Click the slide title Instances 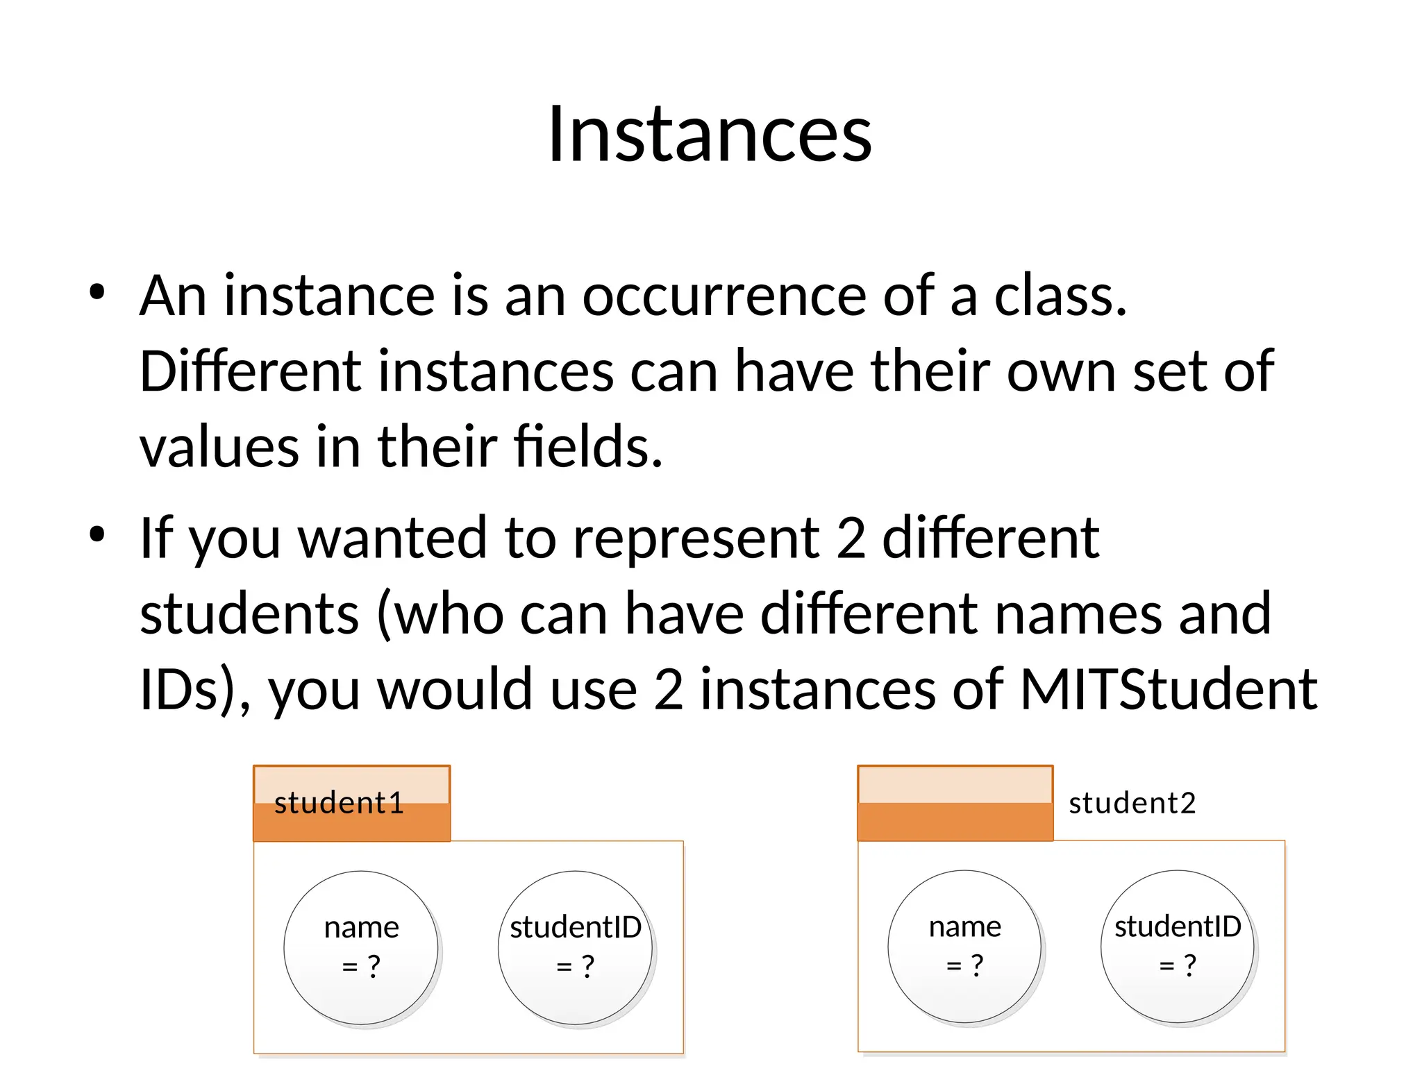(709, 134)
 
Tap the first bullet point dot (97, 292)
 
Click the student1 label (339, 803)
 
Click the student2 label (1132, 803)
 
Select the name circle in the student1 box (361, 947)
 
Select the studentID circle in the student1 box (575, 947)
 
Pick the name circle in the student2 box (964, 946)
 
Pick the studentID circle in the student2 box (1178, 946)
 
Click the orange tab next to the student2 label (955, 803)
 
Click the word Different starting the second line (251, 371)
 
